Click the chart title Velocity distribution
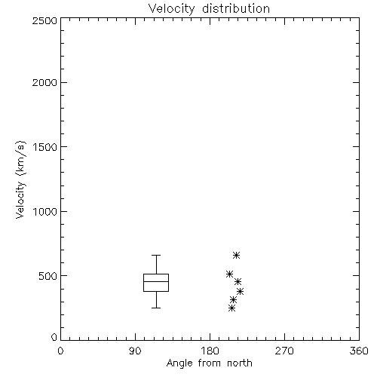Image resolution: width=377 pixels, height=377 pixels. tap(209, 9)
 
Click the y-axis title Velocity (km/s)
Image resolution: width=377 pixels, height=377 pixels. tap(20, 179)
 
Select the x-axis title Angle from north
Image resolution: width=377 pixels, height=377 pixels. tap(210, 363)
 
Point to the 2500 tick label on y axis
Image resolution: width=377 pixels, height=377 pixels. tap(44, 20)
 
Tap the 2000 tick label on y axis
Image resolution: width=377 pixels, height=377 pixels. tap(44, 82)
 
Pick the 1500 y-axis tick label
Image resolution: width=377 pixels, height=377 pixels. tap(45, 147)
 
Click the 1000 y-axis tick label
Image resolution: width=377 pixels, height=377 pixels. tap(45, 212)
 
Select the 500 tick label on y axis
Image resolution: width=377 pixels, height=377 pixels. tap(48, 276)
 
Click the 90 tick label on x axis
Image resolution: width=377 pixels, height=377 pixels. tap(135, 351)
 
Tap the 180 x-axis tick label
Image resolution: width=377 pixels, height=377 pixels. tap(210, 351)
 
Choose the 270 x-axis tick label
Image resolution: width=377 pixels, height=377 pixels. tap(284, 351)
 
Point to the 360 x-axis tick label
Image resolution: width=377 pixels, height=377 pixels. tap(359, 351)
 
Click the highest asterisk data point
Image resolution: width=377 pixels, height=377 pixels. tap(236, 256)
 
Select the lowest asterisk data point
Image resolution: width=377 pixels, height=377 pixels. tap(231, 308)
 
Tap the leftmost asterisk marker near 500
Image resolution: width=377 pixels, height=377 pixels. tap(229, 274)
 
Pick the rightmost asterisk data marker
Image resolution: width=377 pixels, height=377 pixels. tap(241, 291)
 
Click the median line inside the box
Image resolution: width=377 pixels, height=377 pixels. tap(156, 281)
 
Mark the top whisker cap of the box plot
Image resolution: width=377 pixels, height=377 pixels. tap(156, 256)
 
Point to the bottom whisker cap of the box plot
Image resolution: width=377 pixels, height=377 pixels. tap(156, 308)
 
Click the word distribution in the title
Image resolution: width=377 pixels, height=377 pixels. tap(236, 9)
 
